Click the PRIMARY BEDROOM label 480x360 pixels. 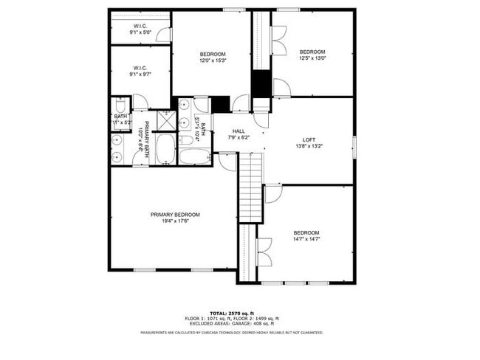click(x=175, y=215)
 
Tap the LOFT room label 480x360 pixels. click(x=309, y=140)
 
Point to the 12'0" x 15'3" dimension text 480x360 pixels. click(x=213, y=60)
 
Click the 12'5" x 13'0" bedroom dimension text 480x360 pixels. click(x=312, y=58)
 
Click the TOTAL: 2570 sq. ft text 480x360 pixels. click(x=231, y=313)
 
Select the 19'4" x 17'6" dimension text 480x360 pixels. click(x=175, y=221)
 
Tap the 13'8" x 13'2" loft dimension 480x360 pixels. click(x=309, y=146)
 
